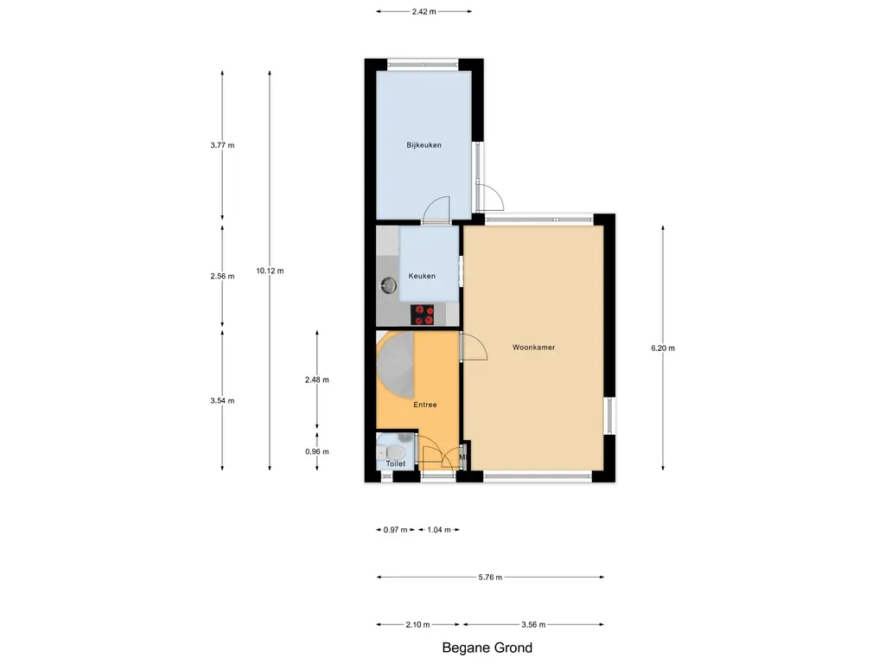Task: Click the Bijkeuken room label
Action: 423,145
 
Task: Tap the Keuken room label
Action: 422,276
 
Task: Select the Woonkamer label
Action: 532,348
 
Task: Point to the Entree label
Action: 424,405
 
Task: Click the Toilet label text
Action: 395,464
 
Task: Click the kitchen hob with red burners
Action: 423,315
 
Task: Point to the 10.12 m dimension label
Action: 270,271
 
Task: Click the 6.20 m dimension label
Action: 663,348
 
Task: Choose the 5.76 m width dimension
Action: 490,577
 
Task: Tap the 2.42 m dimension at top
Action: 423,11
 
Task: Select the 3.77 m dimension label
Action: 222,145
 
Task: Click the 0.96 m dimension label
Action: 317,451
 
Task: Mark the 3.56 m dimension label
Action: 533,625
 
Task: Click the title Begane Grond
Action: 487,648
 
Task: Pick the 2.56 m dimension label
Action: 222,277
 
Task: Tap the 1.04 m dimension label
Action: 440,530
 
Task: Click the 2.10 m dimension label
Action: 419,625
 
